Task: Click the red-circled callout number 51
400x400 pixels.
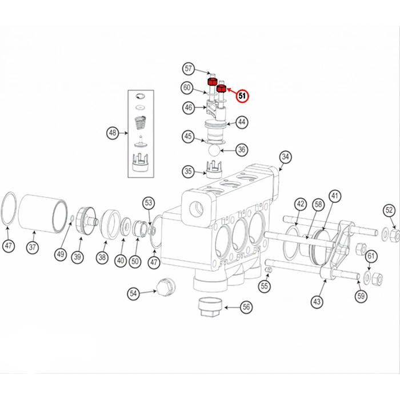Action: (243, 96)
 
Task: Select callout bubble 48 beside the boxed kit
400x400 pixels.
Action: (113, 134)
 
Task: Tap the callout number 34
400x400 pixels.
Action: (285, 157)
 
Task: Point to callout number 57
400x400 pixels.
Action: (189, 69)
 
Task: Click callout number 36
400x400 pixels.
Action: (242, 150)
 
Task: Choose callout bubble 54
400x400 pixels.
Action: (134, 293)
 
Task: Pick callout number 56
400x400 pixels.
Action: (246, 307)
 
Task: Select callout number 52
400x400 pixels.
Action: (389, 210)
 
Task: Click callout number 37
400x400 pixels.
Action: (32, 248)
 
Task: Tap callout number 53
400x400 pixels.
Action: (149, 202)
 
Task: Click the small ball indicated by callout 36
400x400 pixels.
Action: (213, 150)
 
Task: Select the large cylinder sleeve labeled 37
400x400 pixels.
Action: (43, 211)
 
